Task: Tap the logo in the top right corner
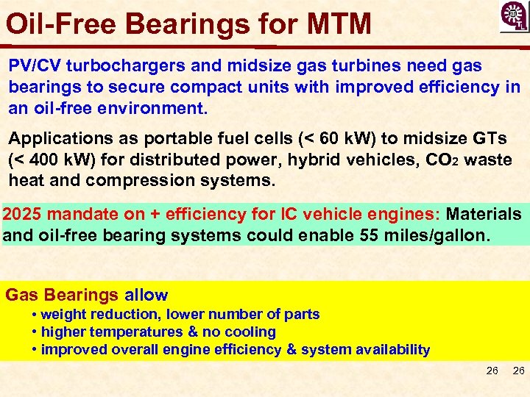[513, 17]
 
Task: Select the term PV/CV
[35, 66]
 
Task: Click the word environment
[155, 108]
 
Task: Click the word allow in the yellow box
[146, 296]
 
